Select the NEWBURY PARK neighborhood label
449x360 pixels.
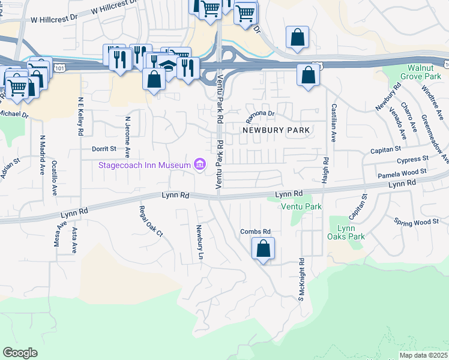click(x=276, y=130)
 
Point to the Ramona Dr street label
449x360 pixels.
click(x=259, y=113)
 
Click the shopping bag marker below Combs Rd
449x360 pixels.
click(x=263, y=248)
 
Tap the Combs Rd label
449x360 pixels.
click(x=256, y=232)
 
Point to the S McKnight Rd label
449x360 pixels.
click(x=302, y=280)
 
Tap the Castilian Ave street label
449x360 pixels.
click(x=332, y=122)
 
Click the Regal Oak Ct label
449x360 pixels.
click(x=151, y=222)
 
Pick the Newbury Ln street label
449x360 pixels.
click(x=198, y=242)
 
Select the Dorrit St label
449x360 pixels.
click(x=103, y=149)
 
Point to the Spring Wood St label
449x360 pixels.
click(x=417, y=222)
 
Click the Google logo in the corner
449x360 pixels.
click(x=20, y=353)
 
